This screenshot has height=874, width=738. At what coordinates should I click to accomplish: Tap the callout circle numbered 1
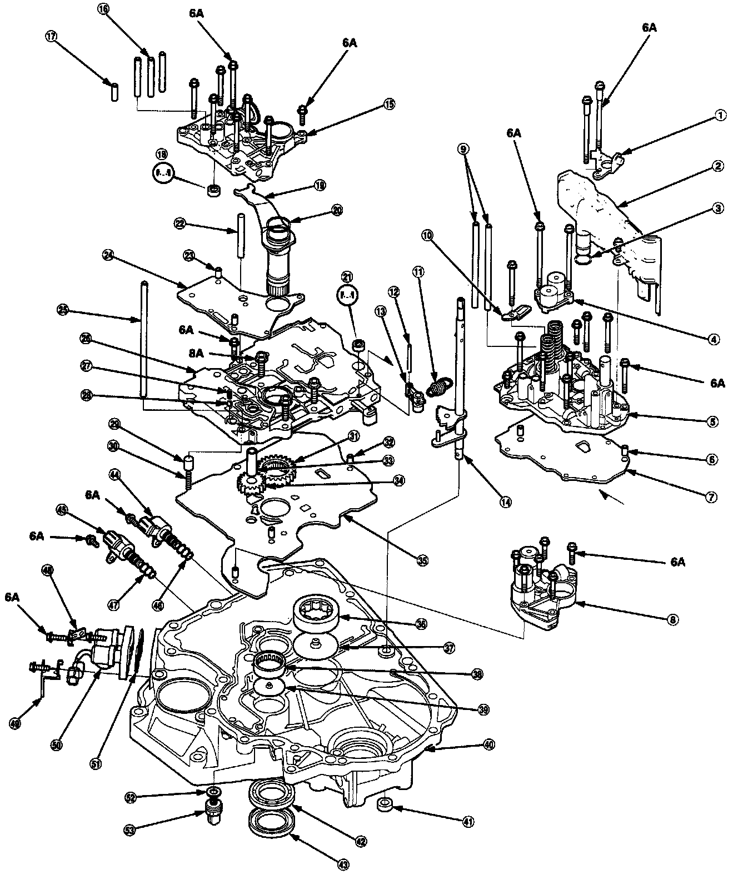coord(720,116)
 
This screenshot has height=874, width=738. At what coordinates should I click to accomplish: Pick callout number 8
coord(674,618)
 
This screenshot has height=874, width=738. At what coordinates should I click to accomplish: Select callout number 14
coord(504,501)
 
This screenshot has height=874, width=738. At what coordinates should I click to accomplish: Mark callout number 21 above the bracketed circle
coord(347,276)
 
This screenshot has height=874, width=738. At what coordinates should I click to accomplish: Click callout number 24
coord(108,255)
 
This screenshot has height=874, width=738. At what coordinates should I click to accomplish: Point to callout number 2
coord(718,166)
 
